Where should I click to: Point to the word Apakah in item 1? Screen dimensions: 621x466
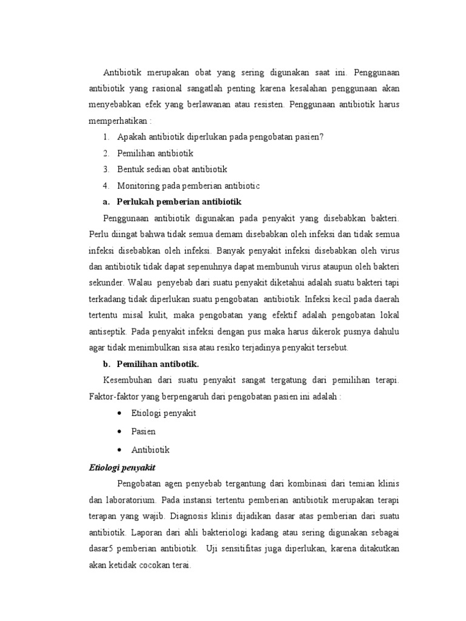click(130, 137)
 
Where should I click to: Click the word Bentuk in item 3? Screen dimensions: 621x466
click(130, 169)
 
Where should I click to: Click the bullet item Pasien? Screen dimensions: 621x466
click(143, 431)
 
